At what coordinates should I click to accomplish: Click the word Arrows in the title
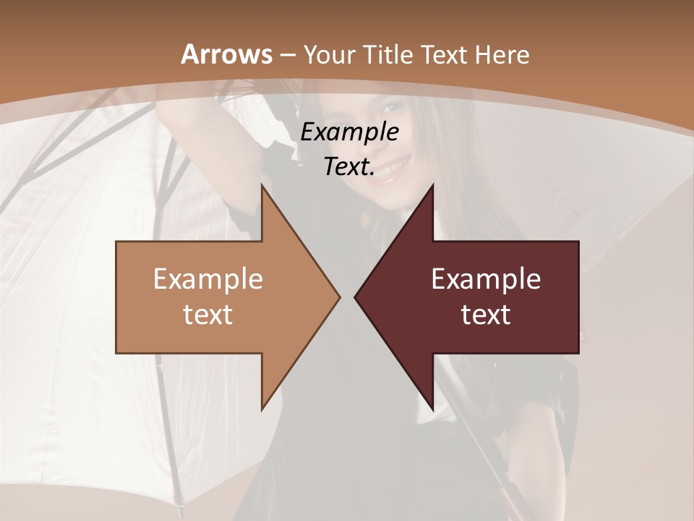click(x=227, y=54)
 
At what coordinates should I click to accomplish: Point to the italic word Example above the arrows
click(x=349, y=132)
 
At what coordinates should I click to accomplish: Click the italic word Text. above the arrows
click(x=349, y=167)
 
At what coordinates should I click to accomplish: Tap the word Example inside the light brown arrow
click(x=207, y=279)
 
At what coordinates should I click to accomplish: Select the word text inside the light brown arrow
click(x=207, y=314)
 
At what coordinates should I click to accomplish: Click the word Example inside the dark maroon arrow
click(x=486, y=279)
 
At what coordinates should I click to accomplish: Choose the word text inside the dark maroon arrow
click(x=486, y=314)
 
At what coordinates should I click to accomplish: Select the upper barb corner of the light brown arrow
click(x=262, y=185)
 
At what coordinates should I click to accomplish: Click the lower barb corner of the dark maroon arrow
click(x=432, y=409)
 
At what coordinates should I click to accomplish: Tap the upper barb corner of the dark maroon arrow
click(x=432, y=185)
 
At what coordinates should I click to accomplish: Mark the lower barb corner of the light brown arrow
click(x=262, y=409)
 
